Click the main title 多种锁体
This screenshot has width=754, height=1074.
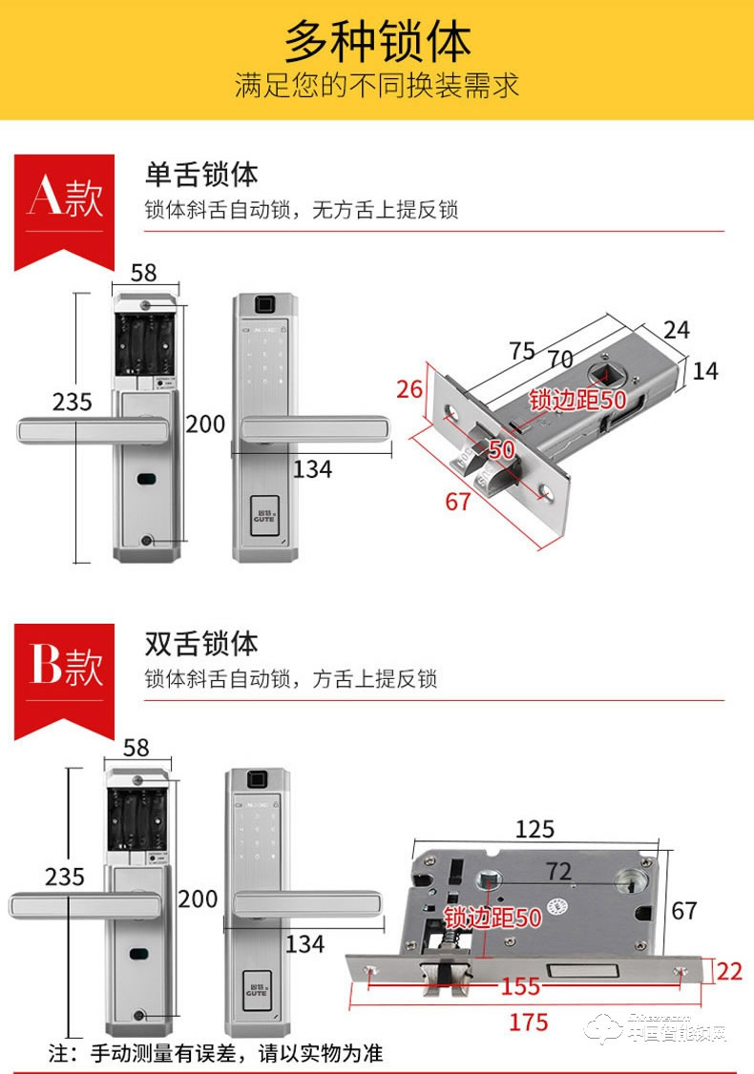point(377,42)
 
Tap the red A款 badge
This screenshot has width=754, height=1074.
point(64,198)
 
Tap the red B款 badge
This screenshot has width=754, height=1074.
point(64,667)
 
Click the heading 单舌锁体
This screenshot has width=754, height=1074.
point(201,175)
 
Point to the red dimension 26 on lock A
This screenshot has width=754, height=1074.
point(409,389)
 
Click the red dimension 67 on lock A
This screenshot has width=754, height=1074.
point(458,500)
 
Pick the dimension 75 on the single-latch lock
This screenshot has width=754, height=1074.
point(521,350)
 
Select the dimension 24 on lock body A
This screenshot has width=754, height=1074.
point(676,330)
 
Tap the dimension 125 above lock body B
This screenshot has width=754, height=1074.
point(534,829)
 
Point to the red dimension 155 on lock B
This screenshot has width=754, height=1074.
point(520,986)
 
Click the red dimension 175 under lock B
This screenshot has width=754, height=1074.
point(529,1022)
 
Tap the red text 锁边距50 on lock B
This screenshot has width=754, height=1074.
point(493,918)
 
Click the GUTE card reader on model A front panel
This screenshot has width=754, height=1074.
point(263,513)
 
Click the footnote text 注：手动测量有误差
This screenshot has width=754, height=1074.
point(216,1053)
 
